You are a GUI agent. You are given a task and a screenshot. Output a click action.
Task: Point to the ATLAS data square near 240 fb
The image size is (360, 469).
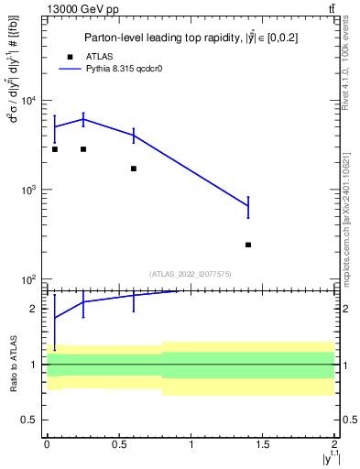[x=248, y=245]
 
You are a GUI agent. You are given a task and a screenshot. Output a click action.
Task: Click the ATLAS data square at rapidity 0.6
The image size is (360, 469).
[x=134, y=169]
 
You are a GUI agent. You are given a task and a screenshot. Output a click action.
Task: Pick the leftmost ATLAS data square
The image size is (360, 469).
[x=55, y=148]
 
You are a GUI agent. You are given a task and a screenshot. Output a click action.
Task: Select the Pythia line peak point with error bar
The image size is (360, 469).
[x=83, y=119]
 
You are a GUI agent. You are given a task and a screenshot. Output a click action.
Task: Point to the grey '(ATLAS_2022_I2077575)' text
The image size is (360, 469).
[x=190, y=273]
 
